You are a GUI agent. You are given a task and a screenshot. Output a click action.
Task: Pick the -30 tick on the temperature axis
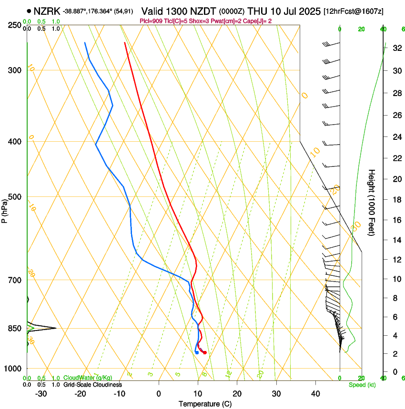pyautogui.click(x=41, y=394)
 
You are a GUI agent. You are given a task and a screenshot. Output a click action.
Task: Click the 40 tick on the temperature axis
pyautogui.click(x=315, y=394)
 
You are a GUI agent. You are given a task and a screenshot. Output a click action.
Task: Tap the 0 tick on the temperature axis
pyautogui.click(x=159, y=394)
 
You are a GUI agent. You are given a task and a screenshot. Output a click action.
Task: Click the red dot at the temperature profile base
pyautogui.click(x=204, y=352)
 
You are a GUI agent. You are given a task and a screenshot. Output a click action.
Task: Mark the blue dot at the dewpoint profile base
pyautogui.click(x=197, y=352)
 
